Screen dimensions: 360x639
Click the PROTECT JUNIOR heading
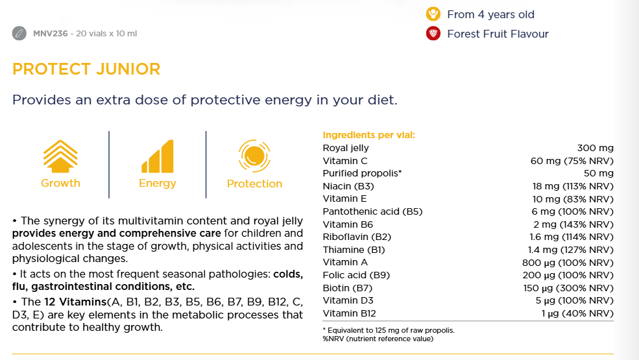(86, 69)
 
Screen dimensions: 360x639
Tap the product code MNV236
(51, 34)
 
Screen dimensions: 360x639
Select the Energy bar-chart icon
(157, 157)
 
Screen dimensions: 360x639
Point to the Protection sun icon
(254, 156)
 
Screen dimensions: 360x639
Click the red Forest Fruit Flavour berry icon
(433, 34)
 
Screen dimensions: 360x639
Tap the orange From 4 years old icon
(433, 14)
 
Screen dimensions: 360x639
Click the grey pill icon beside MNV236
(19, 33)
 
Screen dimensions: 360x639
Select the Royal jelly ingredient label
(346, 148)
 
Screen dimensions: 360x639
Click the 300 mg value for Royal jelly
(595, 148)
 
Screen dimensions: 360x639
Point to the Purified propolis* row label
(363, 173)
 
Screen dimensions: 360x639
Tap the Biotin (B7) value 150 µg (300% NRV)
(568, 288)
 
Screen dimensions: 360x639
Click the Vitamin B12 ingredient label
(350, 313)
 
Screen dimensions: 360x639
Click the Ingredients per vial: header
(368, 136)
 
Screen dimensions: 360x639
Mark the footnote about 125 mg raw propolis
(389, 330)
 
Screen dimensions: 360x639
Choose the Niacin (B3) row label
(348, 186)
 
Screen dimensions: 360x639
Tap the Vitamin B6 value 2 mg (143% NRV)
(573, 224)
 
